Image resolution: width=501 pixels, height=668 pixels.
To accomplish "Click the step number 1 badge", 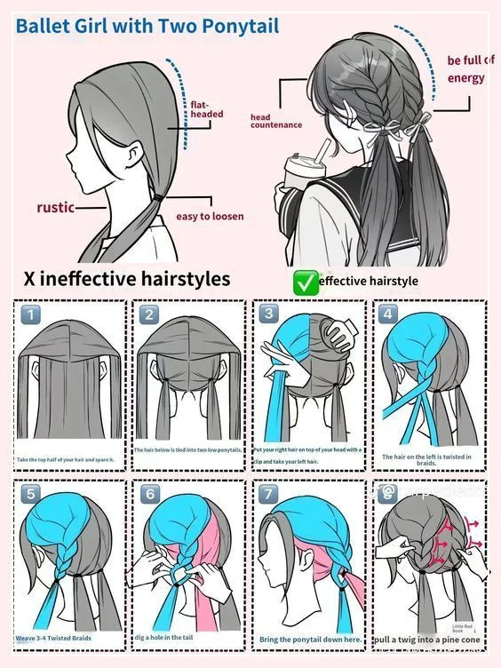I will click(x=30, y=314).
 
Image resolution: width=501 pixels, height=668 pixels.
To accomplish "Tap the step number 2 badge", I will click(x=148, y=314).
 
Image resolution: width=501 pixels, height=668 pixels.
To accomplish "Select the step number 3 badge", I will click(x=268, y=314).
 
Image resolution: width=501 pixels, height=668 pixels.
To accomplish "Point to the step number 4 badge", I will click(x=387, y=314).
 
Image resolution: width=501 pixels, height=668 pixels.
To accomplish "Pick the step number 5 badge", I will click(x=30, y=494).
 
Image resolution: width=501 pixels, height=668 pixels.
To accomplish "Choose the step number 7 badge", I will click(x=269, y=494).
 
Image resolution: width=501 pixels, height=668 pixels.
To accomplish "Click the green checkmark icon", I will click(x=305, y=282).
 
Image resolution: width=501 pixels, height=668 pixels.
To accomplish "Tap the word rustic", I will click(x=55, y=208).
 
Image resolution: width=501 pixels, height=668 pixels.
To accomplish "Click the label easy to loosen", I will click(x=210, y=216).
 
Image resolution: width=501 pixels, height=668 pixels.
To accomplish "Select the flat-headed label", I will click(x=206, y=109).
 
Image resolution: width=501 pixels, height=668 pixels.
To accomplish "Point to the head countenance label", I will click(x=276, y=121).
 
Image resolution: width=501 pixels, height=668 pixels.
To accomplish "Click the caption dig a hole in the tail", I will click(x=173, y=638).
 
